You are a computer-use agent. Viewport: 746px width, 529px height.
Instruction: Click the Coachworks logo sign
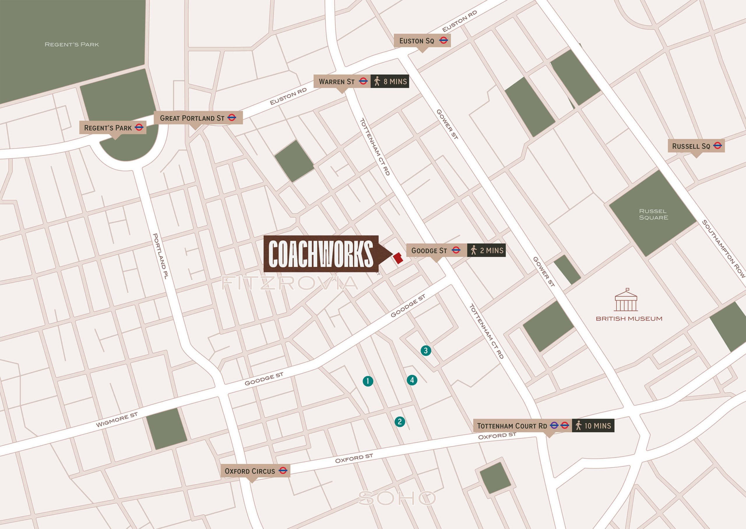click(x=321, y=254)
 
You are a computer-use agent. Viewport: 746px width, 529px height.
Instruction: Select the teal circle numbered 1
click(x=368, y=381)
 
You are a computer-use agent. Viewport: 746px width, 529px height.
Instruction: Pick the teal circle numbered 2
click(x=400, y=421)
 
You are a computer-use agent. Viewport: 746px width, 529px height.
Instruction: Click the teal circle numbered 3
click(x=426, y=351)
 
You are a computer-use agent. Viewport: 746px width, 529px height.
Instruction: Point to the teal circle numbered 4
click(x=412, y=380)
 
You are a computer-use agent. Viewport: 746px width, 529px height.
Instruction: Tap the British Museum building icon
click(x=626, y=300)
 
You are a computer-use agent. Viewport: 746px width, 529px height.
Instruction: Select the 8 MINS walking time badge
click(x=390, y=81)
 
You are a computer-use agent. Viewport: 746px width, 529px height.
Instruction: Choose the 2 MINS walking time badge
click(x=486, y=250)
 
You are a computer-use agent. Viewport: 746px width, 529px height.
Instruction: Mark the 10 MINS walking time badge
click(x=593, y=425)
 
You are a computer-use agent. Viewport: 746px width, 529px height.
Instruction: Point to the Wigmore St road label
click(x=117, y=420)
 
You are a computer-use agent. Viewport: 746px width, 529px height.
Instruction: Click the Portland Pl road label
click(x=160, y=256)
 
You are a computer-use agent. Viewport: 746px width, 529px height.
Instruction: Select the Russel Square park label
click(x=653, y=214)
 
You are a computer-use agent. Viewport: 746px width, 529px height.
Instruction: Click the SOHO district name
click(x=397, y=498)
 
